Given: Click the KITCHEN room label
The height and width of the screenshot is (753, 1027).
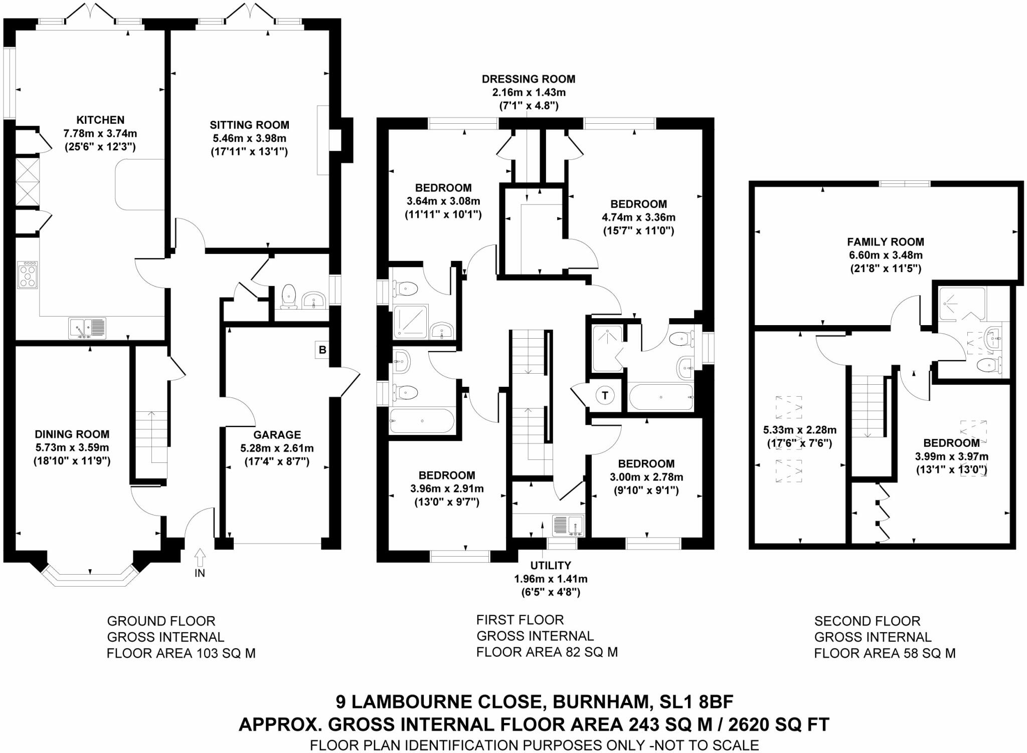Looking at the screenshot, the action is [100, 120].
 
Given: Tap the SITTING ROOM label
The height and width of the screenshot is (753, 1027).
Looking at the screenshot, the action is [249, 125].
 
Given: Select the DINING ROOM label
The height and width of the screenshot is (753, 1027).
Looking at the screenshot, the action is [72, 434].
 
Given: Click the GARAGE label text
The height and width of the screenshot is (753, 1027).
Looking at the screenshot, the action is [277, 435].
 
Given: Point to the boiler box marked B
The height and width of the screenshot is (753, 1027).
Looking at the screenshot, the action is [322, 350].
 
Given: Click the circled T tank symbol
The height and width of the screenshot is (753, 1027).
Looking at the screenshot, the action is [605, 396].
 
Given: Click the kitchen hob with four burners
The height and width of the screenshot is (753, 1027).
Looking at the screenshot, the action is [28, 275].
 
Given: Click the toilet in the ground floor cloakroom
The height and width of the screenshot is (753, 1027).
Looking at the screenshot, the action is [288, 296].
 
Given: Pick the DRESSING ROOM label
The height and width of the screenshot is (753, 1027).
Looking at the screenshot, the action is [529, 79].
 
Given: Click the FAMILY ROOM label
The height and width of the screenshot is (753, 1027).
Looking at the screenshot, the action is [886, 241].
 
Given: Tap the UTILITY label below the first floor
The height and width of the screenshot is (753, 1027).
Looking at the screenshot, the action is [551, 565].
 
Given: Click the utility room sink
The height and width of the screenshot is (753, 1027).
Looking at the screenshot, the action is [568, 526].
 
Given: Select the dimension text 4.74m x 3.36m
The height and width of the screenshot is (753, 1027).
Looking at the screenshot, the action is [638, 217].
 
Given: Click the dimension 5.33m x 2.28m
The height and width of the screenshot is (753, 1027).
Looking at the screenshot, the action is [799, 430].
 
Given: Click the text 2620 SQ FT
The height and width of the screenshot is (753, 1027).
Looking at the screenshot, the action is [779, 724].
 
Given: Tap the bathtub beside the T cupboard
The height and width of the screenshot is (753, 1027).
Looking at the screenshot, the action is [660, 397].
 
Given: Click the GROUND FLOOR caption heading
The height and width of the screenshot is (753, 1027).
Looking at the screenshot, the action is [161, 621].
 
